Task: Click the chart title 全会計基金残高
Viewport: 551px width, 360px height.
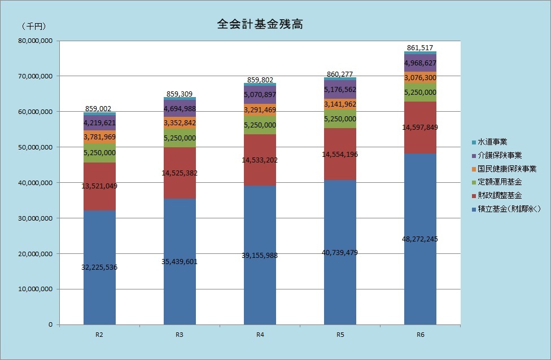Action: [261, 25]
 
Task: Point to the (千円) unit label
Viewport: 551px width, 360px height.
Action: [34, 26]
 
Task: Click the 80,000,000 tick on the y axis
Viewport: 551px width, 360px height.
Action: [36, 41]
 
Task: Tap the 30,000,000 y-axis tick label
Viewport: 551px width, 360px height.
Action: [36, 218]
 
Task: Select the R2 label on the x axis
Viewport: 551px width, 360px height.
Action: [99, 335]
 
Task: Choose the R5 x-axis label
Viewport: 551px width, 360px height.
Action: [340, 335]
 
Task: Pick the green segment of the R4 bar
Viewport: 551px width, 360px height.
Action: [260, 125]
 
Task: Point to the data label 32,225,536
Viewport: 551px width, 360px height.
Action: [99, 267]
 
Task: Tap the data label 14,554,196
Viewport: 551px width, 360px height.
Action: [340, 154]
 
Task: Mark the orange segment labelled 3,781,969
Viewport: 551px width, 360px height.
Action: [99, 137]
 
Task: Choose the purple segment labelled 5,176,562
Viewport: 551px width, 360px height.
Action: [340, 89]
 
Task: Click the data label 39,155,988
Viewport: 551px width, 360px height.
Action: [260, 255]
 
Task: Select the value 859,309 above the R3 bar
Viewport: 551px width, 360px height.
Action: [180, 94]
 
